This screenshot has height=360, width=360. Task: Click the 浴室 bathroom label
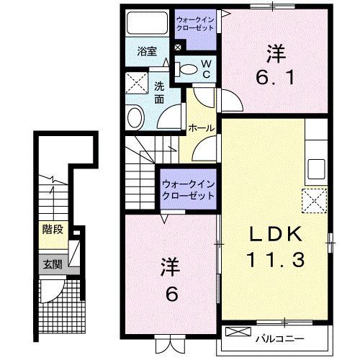[147, 53]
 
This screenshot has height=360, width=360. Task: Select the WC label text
[206, 69]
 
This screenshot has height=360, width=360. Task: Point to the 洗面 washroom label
[159, 94]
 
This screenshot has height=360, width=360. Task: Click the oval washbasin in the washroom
[135, 117]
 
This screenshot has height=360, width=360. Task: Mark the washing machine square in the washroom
[135, 84]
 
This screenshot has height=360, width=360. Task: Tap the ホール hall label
[200, 128]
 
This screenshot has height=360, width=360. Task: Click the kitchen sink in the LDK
[317, 171]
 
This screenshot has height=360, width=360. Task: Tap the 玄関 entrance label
[50, 264]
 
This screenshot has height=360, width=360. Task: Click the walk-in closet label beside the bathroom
[197, 25]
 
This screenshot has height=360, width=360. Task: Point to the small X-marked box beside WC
[179, 48]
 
